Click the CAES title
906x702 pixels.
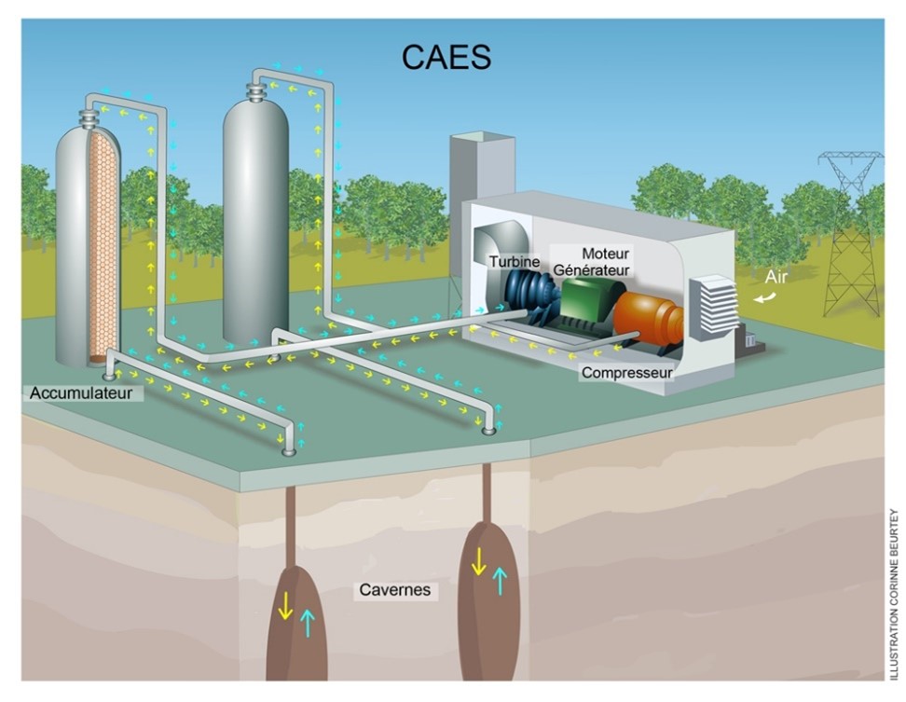pos(446,58)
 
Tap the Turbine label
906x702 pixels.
pos(515,262)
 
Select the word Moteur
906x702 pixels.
pos(606,254)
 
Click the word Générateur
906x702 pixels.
pos(592,270)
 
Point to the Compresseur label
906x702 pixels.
pos(626,373)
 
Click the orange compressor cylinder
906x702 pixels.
pos(647,317)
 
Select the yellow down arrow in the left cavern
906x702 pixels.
pos(285,606)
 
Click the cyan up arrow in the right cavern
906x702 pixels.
pos(501,581)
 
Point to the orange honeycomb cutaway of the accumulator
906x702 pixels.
pos(103,252)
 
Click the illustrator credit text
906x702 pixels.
pos(893,587)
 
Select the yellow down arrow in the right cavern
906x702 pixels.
pos(477,561)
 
